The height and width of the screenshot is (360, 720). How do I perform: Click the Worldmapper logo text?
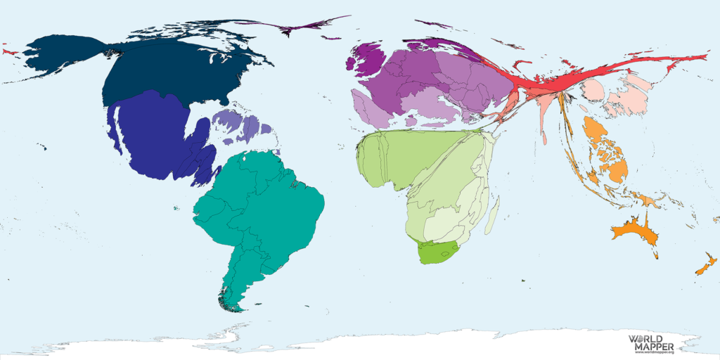tap(651, 343)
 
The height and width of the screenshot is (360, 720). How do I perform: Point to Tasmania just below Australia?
tap(656, 255)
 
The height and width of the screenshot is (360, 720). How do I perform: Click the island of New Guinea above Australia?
tap(646, 200)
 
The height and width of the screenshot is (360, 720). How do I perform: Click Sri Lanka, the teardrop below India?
tap(546, 140)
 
